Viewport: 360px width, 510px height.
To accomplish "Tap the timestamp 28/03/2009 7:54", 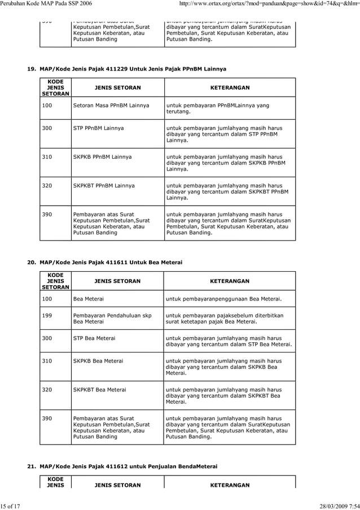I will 333,505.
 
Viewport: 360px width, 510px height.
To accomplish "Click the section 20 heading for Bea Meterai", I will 106,262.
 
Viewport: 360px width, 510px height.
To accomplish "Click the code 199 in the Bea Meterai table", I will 47,315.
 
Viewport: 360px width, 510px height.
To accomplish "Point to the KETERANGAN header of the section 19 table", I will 230,88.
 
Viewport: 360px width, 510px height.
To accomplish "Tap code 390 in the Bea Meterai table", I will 47,419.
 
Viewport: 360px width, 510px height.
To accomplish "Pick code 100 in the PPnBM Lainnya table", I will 47,106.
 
